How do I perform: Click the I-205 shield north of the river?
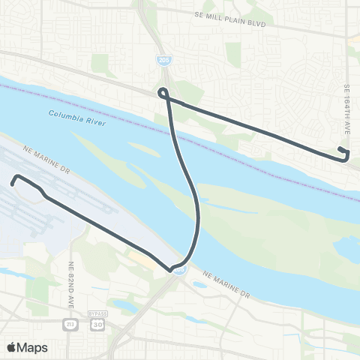tap(163, 58)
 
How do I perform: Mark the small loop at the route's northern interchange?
tap(162, 93)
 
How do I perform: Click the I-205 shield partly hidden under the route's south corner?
tap(178, 271)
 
